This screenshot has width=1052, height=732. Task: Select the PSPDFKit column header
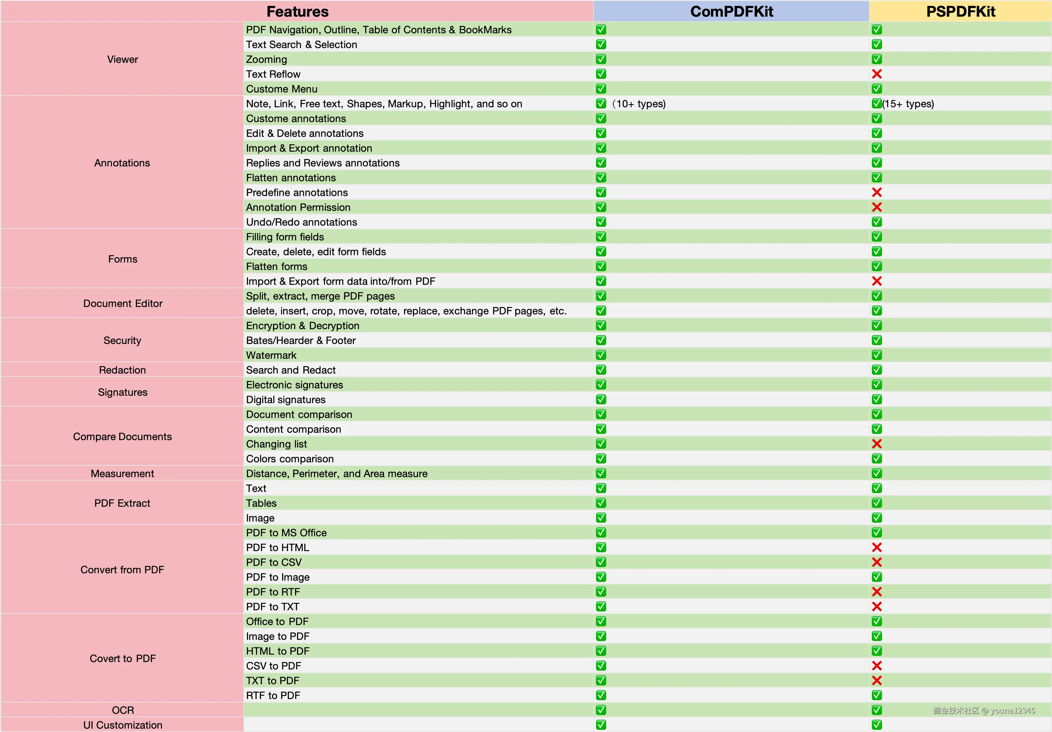click(960, 11)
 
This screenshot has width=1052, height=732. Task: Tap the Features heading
click(297, 11)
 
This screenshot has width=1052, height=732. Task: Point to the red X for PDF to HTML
click(876, 547)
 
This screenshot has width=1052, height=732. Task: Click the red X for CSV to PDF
click(876, 666)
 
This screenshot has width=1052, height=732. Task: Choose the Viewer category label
click(122, 59)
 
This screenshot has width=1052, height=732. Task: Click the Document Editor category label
click(122, 304)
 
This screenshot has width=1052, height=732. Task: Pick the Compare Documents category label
click(122, 437)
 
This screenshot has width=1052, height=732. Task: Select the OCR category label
click(122, 710)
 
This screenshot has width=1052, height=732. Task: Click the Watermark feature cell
click(271, 355)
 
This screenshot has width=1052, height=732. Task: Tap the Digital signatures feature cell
click(285, 400)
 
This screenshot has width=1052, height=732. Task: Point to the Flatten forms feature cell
click(276, 266)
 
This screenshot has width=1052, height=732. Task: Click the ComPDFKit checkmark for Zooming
click(601, 59)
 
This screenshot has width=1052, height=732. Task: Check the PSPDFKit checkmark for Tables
click(876, 503)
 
